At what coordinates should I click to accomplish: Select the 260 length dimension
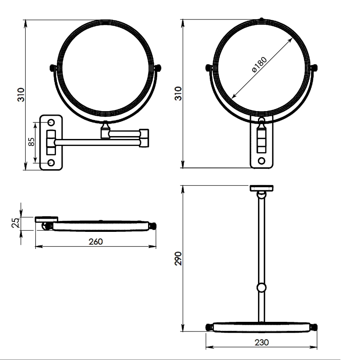(x=96, y=241)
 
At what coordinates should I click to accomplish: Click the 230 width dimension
(x=262, y=343)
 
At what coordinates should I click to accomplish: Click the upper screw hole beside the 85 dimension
(x=51, y=123)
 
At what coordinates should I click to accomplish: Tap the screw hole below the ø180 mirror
(x=261, y=161)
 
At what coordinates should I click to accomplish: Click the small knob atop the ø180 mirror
(x=261, y=19)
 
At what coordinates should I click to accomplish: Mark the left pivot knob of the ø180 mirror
(x=209, y=67)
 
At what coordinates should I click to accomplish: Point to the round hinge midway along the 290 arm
(x=261, y=287)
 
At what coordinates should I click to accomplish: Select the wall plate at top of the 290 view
(x=261, y=188)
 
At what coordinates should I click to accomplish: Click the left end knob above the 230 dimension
(x=209, y=327)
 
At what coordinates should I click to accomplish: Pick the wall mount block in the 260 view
(x=46, y=219)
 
